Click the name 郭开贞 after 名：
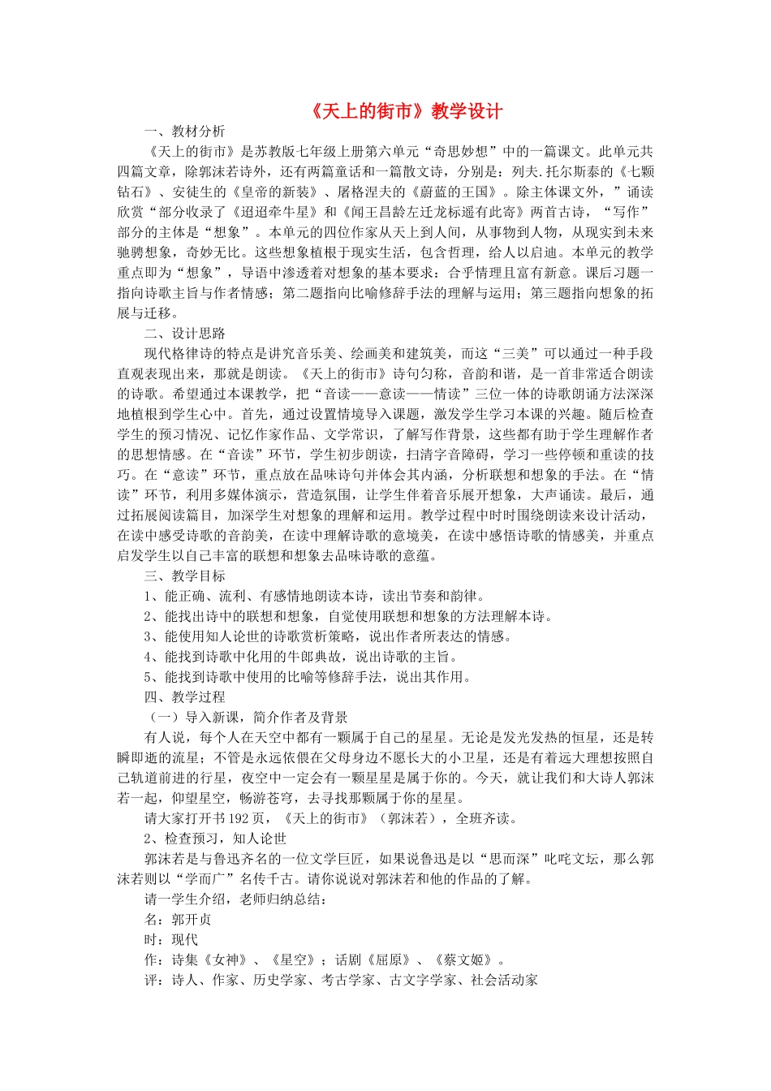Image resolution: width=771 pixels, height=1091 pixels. pos(192,920)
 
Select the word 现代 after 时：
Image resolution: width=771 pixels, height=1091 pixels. pos(184,940)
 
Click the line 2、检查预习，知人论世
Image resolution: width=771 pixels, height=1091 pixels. pos(215,839)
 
